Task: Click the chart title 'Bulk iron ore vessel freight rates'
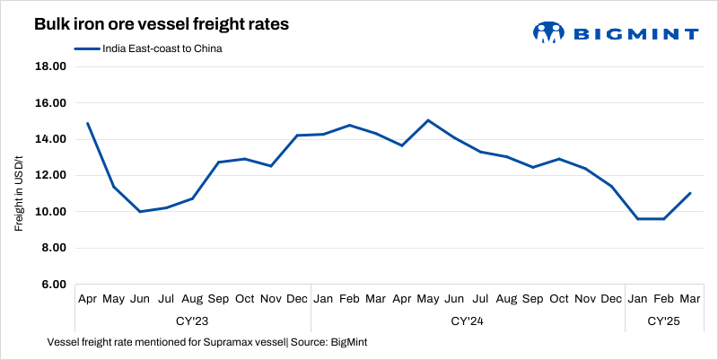(162, 25)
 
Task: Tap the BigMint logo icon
(547, 33)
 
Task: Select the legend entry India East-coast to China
(148, 49)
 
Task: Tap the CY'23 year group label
(193, 320)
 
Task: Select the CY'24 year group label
(468, 320)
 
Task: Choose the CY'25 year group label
(664, 320)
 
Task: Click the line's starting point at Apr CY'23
(87, 123)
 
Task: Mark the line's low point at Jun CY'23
(139, 212)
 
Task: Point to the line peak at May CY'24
(428, 120)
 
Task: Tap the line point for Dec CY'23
(297, 136)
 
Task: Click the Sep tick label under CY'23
(218, 298)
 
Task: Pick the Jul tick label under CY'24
(480, 298)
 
